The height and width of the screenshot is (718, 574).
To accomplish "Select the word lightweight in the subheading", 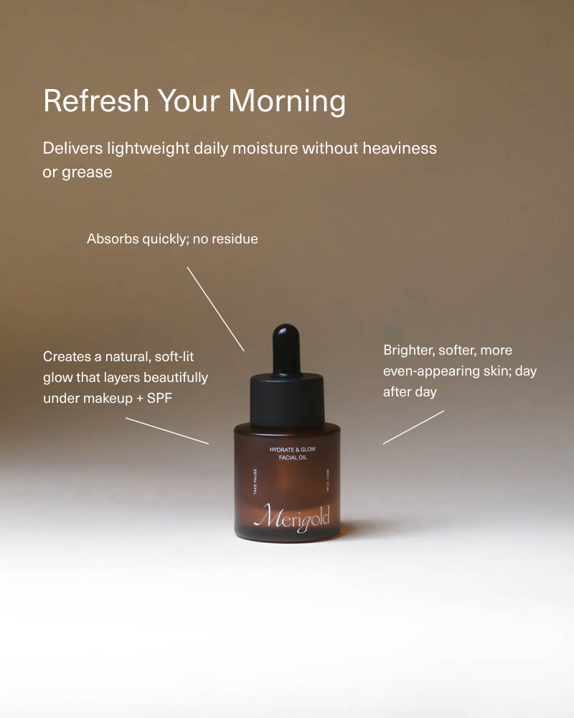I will point(149,149).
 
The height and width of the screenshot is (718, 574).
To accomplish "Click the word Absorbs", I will point(112,239).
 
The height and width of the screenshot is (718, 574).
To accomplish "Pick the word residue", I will point(234,239).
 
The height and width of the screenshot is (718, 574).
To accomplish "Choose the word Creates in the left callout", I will point(67,356).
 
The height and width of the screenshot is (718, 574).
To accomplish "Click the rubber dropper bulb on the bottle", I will point(286,348).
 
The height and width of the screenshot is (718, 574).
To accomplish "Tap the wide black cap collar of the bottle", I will point(286,398).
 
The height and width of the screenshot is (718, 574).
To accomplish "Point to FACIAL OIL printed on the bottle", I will point(292,457).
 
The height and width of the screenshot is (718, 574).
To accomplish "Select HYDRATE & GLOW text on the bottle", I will point(292,449).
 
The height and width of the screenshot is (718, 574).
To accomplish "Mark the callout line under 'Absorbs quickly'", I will point(215,309).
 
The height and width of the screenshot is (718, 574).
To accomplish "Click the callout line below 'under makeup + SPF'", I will point(167,431).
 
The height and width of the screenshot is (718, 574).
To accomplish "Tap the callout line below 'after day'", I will point(413,427).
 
